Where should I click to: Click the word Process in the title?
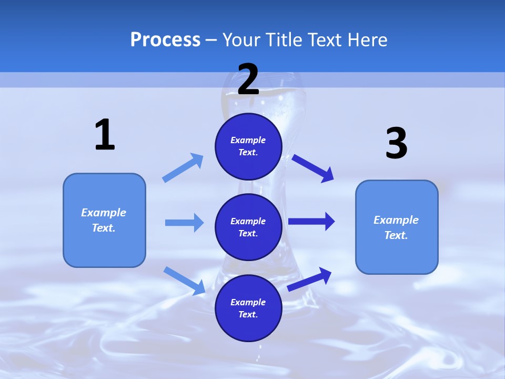[x=165, y=39]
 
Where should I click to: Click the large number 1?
[x=104, y=135]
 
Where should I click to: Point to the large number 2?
[x=248, y=79]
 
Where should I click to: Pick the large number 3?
[x=396, y=143]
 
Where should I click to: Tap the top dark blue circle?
[x=248, y=146]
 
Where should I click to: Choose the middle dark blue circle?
[x=248, y=227]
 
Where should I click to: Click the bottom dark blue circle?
[x=248, y=308]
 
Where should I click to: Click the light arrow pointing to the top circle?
[x=183, y=167]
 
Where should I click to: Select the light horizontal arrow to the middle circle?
[x=184, y=223]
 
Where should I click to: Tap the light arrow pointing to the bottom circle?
[x=185, y=280]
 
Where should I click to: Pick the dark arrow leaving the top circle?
[x=313, y=168]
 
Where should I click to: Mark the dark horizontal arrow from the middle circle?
[x=311, y=222]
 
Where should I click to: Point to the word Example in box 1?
[x=104, y=213]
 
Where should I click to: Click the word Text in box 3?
[x=396, y=235]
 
